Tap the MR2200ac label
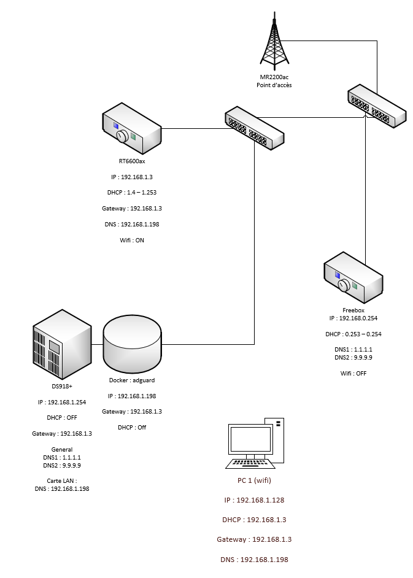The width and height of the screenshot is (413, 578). [274, 77]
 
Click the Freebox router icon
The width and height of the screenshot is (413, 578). [353, 280]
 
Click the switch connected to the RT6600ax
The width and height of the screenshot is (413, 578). [255, 128]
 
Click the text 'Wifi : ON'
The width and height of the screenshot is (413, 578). [131, 241]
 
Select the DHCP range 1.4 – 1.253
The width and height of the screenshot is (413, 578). [131, 192]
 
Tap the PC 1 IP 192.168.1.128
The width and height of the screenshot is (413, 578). [254, 500]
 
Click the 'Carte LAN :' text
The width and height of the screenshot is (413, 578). [61, 480]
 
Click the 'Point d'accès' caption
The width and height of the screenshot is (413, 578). [274, 85]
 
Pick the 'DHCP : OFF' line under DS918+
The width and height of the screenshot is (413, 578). [61, 418]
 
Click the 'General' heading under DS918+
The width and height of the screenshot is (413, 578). [62, 449]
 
